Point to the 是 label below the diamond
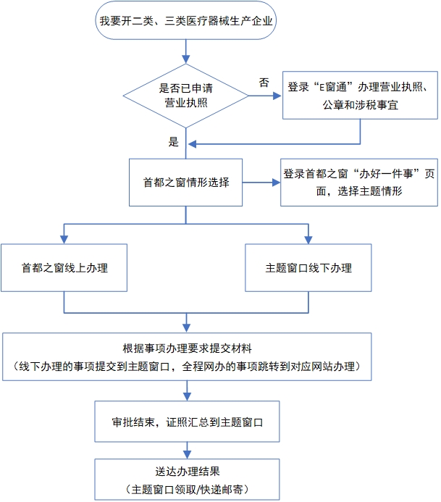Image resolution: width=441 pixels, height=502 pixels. [x=174, y=143]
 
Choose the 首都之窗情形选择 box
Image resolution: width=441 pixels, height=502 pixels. [x=187, y=181]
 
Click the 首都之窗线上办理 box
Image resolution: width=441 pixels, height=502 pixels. [x=64, y=267]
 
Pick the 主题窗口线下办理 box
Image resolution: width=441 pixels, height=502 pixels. [x=308, y=267]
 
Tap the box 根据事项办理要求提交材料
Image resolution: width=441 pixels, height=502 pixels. [x=187, y=356]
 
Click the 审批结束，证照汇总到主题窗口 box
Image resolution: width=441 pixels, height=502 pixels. [x=187, y=419]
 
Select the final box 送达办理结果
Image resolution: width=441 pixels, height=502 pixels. [x=187, y=478]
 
